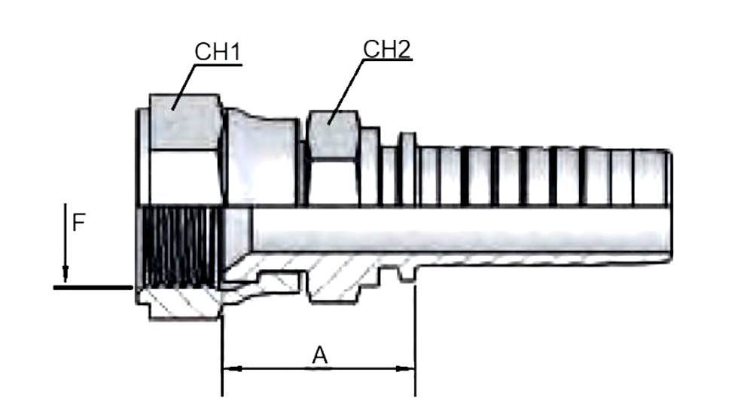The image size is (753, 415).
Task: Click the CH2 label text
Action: pyautogui.click(x=387, y=49)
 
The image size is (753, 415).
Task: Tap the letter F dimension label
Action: pyautogui.click(x=78, y=223)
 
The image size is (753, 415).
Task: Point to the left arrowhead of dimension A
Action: pyautogui.click(x=230, y=369)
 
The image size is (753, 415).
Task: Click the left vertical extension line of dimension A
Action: pyautogui.click(x=222, y=354)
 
